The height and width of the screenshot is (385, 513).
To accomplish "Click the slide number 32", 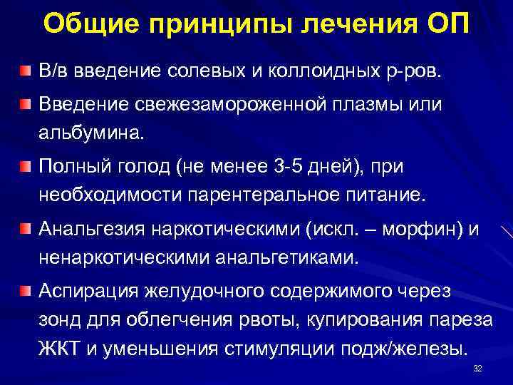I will click(x=478, y=368).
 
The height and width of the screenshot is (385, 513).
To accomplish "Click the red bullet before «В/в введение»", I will click(x=26, y=72).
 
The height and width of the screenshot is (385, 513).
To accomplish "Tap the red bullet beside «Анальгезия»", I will click(x=26, y=229).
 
